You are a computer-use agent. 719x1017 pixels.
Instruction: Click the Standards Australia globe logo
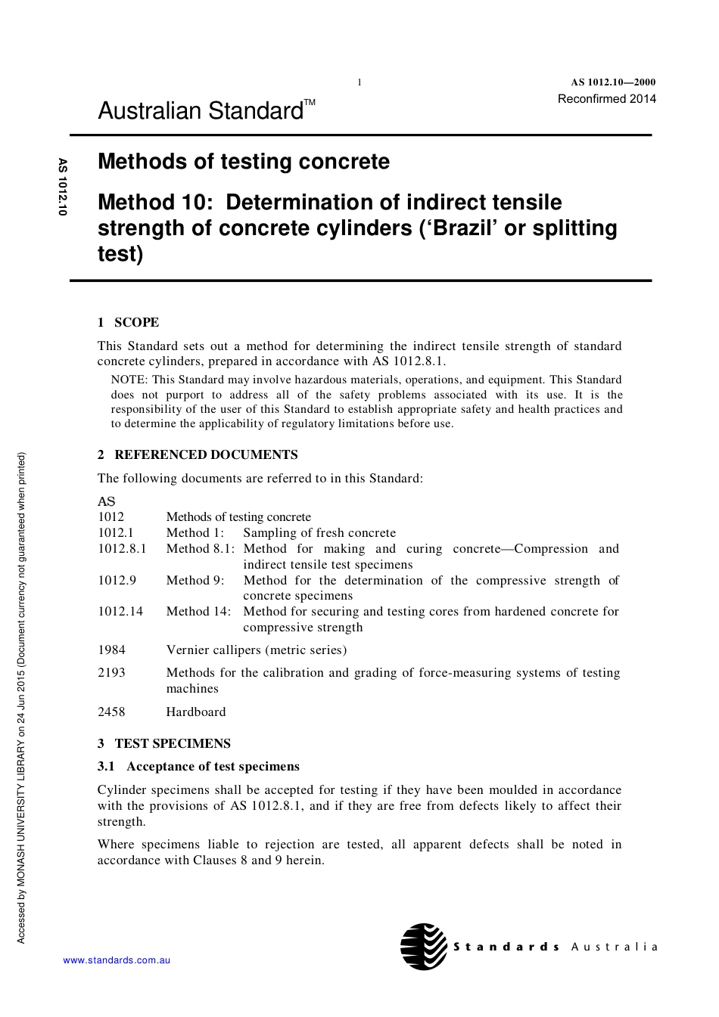coord(424,946)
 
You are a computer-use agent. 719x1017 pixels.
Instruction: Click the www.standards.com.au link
coord(117,960)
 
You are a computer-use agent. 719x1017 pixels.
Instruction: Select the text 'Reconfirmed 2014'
coord(606,99)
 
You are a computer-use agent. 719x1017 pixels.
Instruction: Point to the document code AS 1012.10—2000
coord(612,82)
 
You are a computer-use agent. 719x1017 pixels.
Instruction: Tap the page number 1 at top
coord(359,82)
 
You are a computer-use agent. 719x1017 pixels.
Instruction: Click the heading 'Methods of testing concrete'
coord(244,162)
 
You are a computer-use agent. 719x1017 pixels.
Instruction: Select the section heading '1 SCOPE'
coord(128,322)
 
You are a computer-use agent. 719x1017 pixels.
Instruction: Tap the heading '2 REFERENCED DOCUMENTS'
coord(198,454)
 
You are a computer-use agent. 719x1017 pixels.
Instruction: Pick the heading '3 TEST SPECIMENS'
coord(164,743)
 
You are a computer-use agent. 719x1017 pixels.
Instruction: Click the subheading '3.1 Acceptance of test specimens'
coord(198,766)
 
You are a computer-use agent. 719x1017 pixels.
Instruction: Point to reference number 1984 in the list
coord(111,650)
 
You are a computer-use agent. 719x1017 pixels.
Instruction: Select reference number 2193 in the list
coord(111,672)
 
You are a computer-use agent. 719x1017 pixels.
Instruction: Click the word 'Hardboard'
coord(196,712)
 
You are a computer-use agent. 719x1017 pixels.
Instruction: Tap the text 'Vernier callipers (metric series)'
coord(257,650)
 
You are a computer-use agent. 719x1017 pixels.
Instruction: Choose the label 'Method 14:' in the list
coord(198,611)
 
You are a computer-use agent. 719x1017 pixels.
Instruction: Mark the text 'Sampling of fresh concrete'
coord(319,532)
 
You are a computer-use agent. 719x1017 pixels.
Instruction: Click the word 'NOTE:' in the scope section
coord(129,380)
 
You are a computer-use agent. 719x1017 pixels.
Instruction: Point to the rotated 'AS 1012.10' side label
coord(63,187)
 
